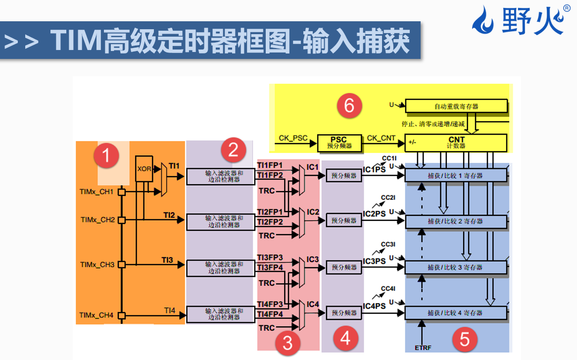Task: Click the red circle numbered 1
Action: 105,156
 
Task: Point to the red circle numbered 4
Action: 345,338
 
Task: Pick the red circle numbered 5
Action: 465,340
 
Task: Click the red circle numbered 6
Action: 349,105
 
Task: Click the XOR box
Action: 144,169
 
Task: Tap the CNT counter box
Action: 456,143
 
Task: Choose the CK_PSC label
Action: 293,138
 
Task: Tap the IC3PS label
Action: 374,261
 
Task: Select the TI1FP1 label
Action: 270,165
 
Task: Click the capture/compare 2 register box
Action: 456,221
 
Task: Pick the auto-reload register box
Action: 456,106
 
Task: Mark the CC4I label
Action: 388,289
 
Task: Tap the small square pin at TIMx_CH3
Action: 121,265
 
